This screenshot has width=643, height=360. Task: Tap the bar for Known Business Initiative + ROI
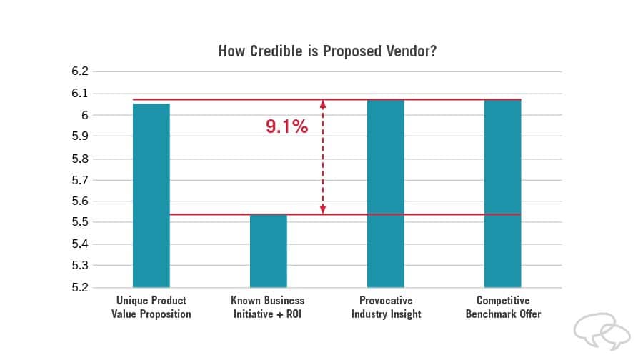tap(268, 251)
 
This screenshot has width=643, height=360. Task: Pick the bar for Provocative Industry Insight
tap(385, 193)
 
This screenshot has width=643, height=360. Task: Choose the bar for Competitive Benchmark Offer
tap(502, 193)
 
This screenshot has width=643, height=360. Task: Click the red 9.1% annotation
tap(286, 127)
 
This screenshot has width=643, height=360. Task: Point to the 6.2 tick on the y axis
tap(79, 71)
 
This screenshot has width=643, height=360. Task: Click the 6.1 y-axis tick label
tap(79, 94)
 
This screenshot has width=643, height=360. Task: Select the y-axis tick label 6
tap(84, 115)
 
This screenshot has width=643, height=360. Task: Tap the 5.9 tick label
tap(79, 136)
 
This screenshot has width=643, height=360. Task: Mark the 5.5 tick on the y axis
tap(79, 223)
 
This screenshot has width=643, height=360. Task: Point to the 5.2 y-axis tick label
tap(79, 288)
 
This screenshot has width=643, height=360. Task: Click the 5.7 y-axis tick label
tap(79, 180)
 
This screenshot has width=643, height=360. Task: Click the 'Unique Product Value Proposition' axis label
tap(151, 307)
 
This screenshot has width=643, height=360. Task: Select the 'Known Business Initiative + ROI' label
tap(268, 307)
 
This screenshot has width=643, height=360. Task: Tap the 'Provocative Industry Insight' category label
tap(385, 307)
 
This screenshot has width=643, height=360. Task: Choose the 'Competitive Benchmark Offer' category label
tap(502, 307)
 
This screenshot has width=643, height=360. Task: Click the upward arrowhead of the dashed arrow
tap(323, 104)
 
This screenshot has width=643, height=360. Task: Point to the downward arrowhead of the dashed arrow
tap(323, 209)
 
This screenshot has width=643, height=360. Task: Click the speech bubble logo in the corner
tap(602, 331)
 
